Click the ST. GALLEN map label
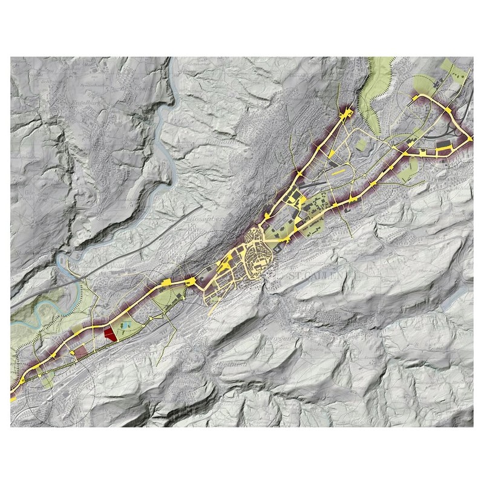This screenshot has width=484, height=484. click(314, 276)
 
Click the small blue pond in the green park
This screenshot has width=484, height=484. click(125, 327)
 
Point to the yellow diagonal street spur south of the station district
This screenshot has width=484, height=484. click(211, 309)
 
